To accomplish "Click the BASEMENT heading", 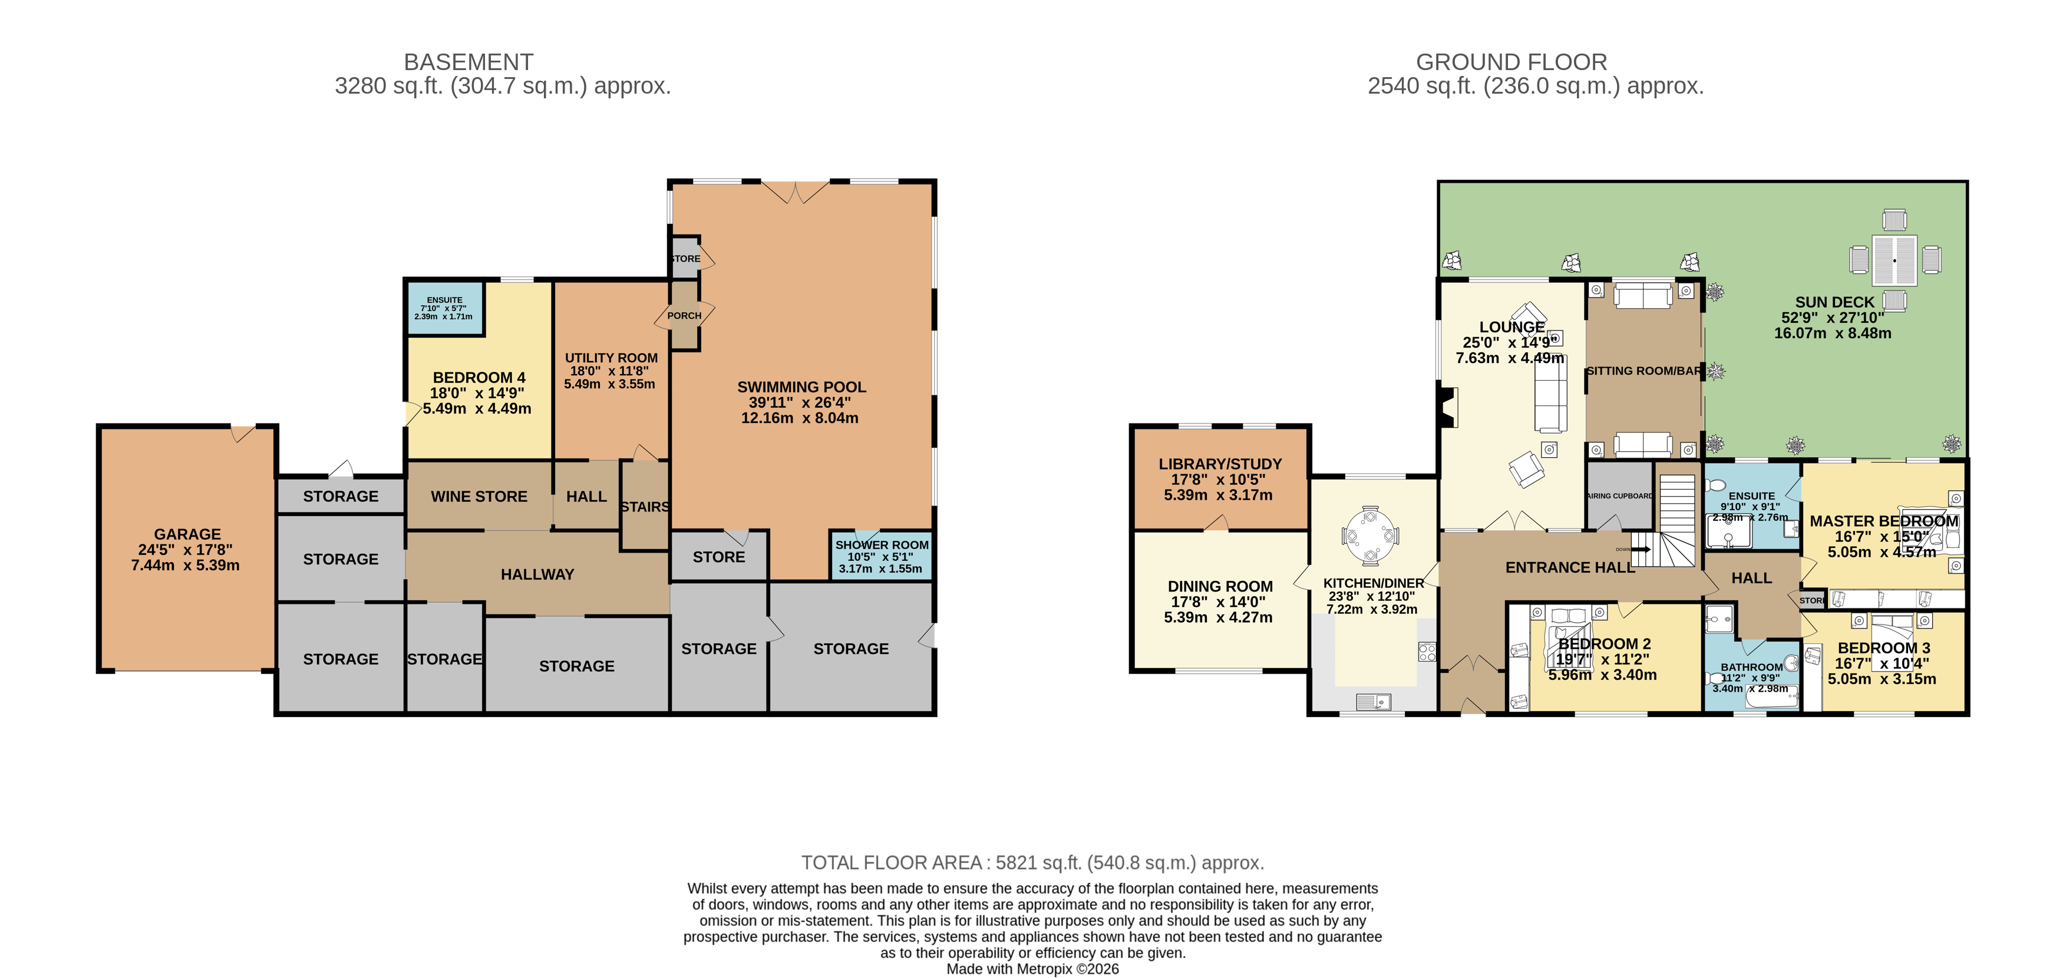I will pos(468,62).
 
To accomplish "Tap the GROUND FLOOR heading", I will pos(1511,62).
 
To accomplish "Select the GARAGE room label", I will pos(187,534).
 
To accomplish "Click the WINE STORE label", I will pos(479,496).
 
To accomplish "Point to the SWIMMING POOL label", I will pos(801,387).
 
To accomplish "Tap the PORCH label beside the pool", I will pos(684,316).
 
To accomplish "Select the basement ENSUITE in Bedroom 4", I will pos(444,307).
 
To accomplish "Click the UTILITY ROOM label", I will pos(610,358).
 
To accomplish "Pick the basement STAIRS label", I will pos(645,507).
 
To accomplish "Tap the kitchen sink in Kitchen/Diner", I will pos(1373,702).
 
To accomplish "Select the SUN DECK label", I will pos(1834,302).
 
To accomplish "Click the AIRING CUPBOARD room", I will pos(1619,496).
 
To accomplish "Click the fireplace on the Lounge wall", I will pos(1448,407).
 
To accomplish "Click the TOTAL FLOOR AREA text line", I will pos(1032,863).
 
